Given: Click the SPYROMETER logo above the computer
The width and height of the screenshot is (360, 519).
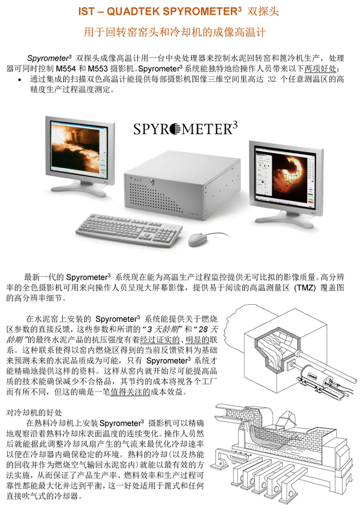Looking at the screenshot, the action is (x=186, y=128).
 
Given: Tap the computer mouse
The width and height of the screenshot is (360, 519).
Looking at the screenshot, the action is (x=198, y=239).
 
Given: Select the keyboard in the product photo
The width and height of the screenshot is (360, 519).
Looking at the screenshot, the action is (x=129, y=230).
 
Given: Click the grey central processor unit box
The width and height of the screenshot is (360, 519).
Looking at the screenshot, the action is (x=182, y=186).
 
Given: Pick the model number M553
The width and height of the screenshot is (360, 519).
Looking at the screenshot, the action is (x=98, y=69).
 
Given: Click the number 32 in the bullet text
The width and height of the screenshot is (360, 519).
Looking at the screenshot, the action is (x=272, y=79).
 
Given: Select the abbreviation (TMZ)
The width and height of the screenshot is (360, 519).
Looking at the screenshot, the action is (x=304, y=287).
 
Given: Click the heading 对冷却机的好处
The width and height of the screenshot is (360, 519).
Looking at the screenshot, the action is (x=34, y=413).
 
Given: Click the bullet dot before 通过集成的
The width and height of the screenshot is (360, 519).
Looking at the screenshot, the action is (x=20, y=80).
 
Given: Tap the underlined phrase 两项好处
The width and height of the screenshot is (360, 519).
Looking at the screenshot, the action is (x=320, y=69).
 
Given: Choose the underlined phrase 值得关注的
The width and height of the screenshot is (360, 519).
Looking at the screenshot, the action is (x=131, y=392).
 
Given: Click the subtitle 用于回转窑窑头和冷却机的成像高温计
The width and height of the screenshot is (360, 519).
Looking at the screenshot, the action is (x=174, y=32).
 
